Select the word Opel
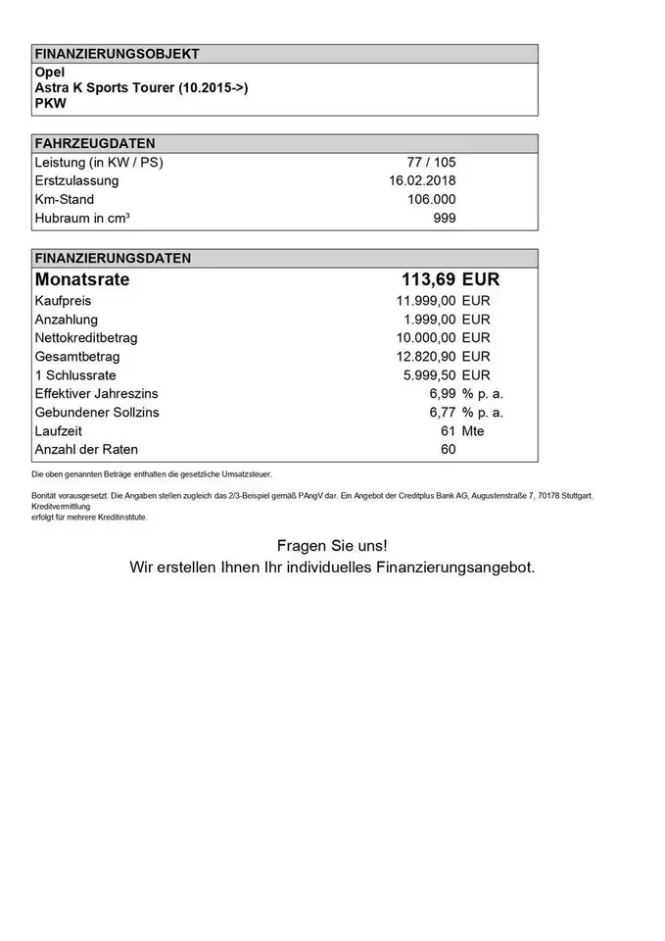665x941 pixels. tap(48, 73)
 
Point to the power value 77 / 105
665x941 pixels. tap(431, 162)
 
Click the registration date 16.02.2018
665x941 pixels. tap(421, 180)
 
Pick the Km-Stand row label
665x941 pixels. tap(66, 199)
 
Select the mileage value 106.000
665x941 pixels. tap(431, 199)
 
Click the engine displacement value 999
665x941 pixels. tap(444, 218)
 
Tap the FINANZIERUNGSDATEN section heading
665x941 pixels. tap(113, 259)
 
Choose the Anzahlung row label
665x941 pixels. tap(66, 320)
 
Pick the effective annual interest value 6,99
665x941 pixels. tap(443, 394)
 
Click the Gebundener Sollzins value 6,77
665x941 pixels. tap(443, 413)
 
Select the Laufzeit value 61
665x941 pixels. tap(449, 431)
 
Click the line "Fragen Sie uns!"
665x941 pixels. tap(332, 545)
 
